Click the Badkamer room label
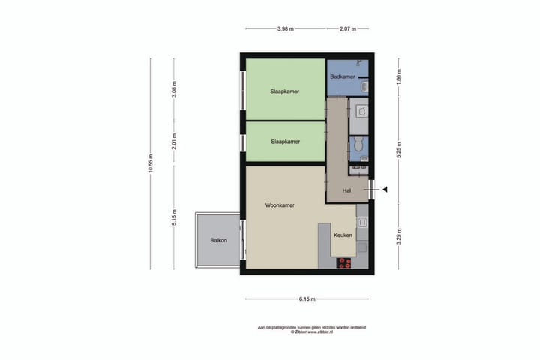pos(342,76)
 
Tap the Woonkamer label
pos(279,205)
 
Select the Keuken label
pos(343,235)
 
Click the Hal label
pos(346,190)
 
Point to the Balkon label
pos(218,241)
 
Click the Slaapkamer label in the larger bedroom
pos(285,91)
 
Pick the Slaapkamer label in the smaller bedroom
pos(285,142)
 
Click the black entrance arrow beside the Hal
pos(383,190)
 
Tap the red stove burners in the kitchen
pos(344,262)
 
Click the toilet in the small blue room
pos(359,144)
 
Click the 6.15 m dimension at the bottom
pos(306,298)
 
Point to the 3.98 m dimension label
pos(285,29)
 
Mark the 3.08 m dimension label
pos(173,89)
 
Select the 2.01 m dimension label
pos(173,141)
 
